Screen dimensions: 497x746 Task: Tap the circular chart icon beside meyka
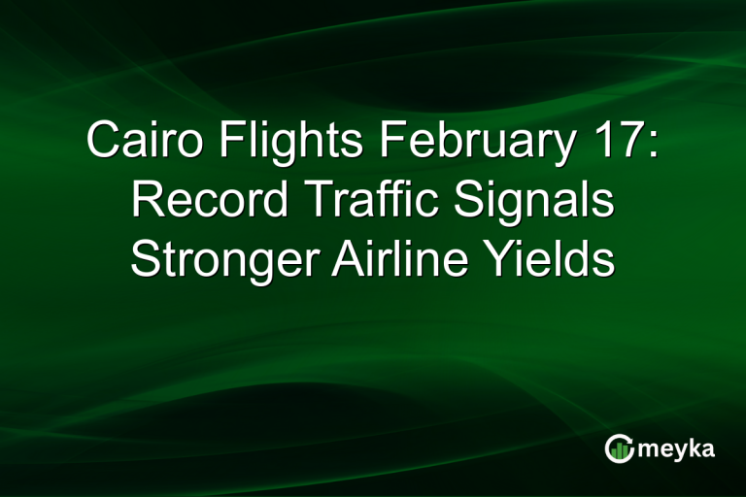pos(620,447)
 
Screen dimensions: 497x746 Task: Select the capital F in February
pos(390,142)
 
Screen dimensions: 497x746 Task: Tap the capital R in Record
pos(147,201)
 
